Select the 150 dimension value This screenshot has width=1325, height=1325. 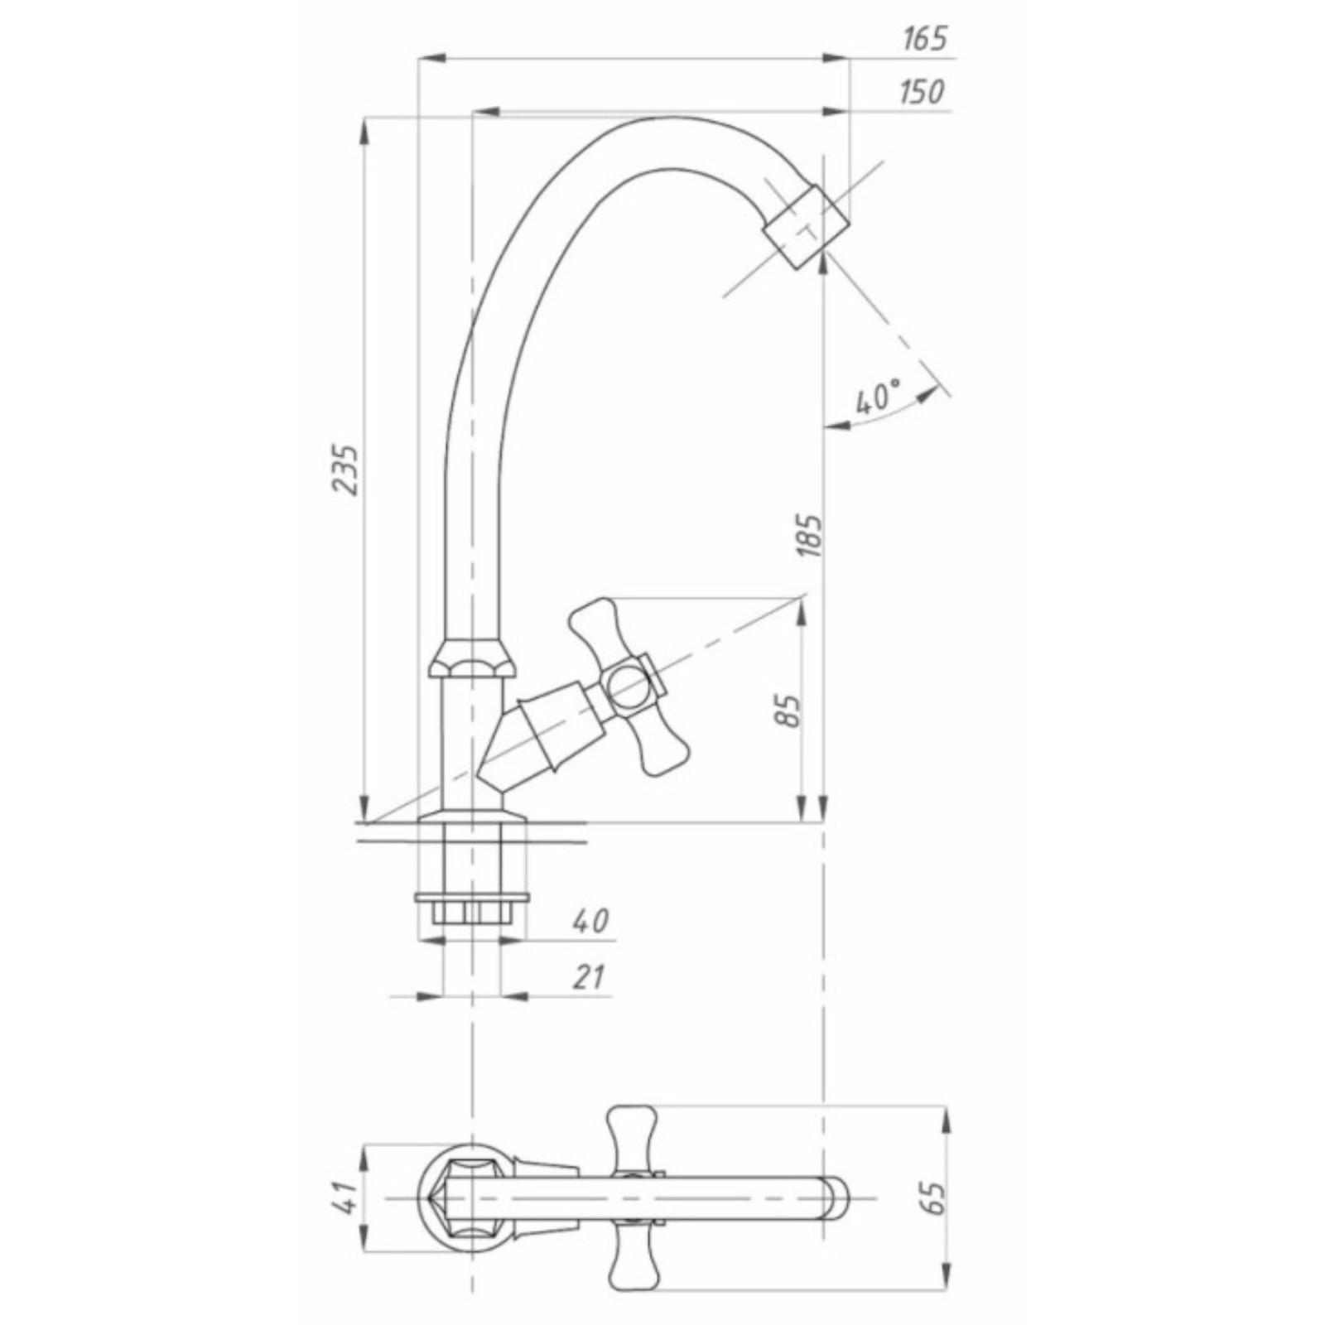(921, 91)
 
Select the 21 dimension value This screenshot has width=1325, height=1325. (589, 977)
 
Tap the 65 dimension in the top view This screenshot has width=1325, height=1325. (933, 1198)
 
